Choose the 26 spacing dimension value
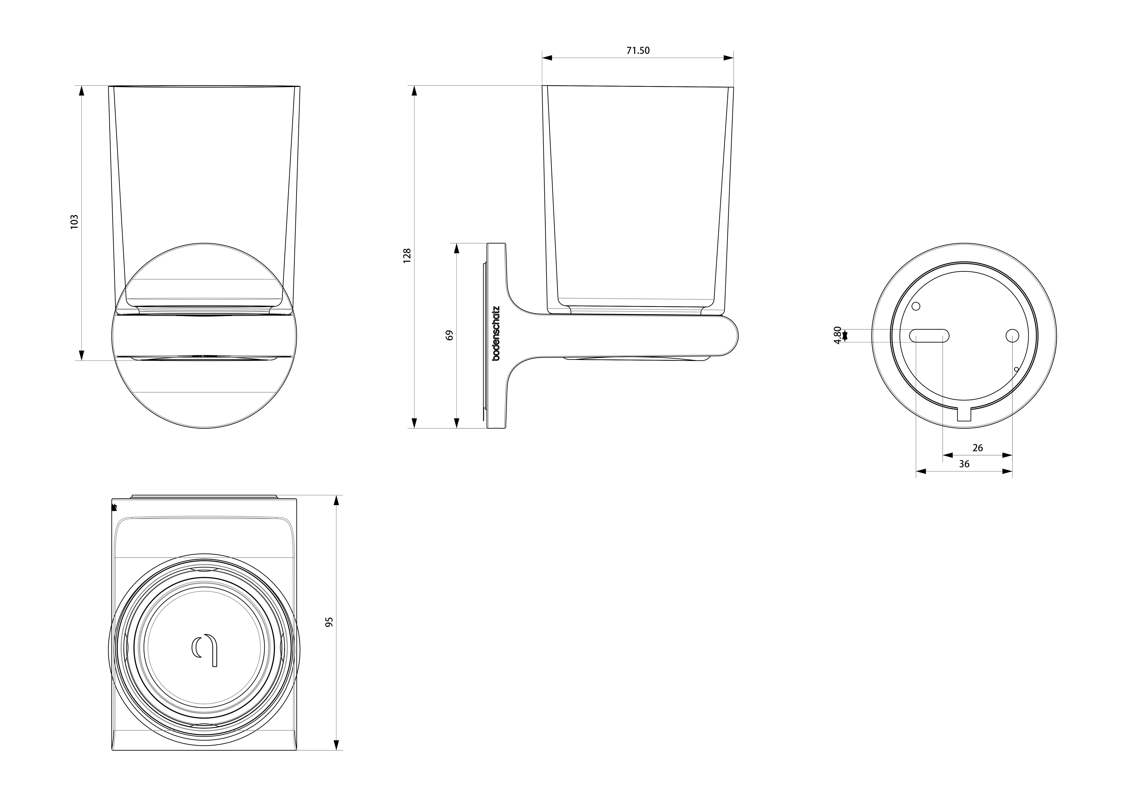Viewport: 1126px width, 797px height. point(977,448)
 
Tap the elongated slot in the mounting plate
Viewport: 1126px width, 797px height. point(929,336)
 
